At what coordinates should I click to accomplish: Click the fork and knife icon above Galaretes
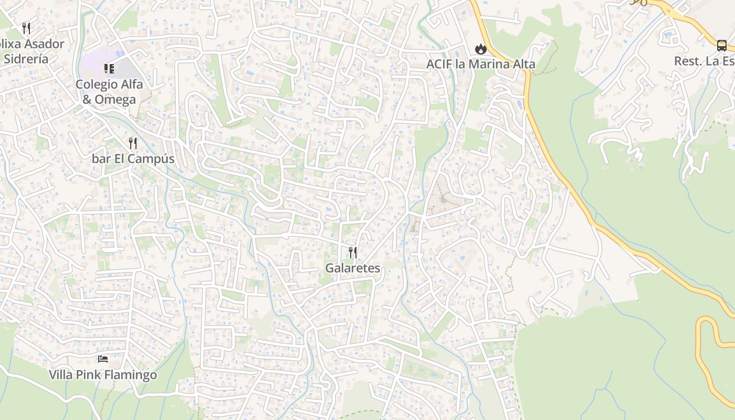click(353, 253)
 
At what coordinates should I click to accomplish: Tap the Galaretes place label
click(352, 268)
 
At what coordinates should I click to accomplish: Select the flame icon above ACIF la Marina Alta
click(480, 49)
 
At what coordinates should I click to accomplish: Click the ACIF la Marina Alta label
click(480, 64)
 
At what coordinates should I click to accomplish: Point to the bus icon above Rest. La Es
click(722, 45)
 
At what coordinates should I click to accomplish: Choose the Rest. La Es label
click(704, 61)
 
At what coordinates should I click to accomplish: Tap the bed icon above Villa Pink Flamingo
click(103, 359)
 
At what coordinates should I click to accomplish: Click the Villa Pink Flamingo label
click(103, 375)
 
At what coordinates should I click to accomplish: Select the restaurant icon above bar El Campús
click(133, 143)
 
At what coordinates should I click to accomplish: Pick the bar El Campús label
click(133, 159)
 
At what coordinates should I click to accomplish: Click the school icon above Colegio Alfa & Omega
click(109, 69)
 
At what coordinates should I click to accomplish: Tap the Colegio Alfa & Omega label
click(109, 92)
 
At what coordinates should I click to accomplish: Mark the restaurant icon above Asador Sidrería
click(26, 28)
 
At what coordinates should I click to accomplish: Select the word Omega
click(115, 99)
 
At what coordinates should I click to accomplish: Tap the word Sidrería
click(26, 59)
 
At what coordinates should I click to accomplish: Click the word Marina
click(485, 64)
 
